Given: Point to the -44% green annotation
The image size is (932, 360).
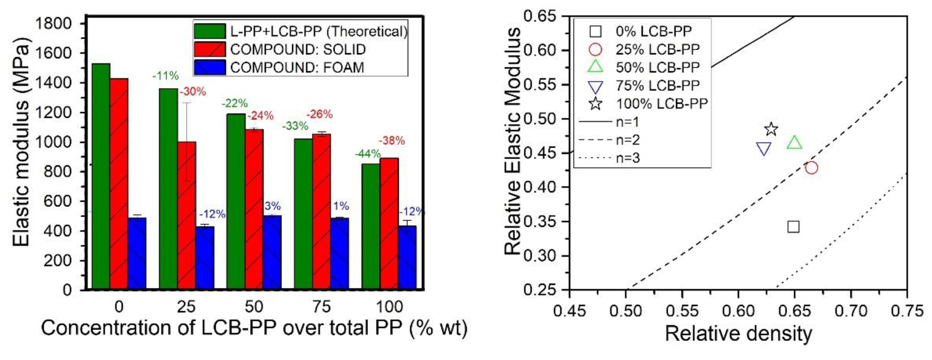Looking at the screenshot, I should point(367,154).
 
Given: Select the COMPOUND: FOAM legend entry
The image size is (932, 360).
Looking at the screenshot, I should point(297,68).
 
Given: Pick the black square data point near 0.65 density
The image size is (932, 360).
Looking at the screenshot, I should point(793,227).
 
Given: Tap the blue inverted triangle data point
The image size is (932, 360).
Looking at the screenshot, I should point(764,148).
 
